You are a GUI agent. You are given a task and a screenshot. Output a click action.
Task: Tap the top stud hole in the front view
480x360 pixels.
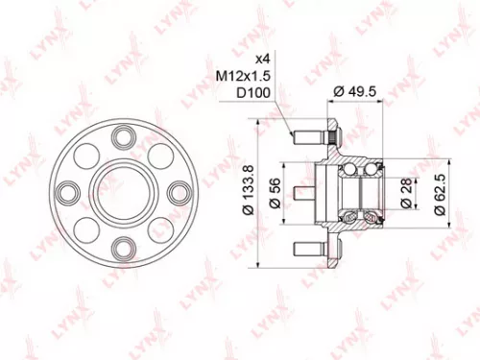tap(121, 135)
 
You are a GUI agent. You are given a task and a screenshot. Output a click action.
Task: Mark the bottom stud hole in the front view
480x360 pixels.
tap(121, 249)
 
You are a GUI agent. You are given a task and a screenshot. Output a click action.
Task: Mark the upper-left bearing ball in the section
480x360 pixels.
tap(354, 170)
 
